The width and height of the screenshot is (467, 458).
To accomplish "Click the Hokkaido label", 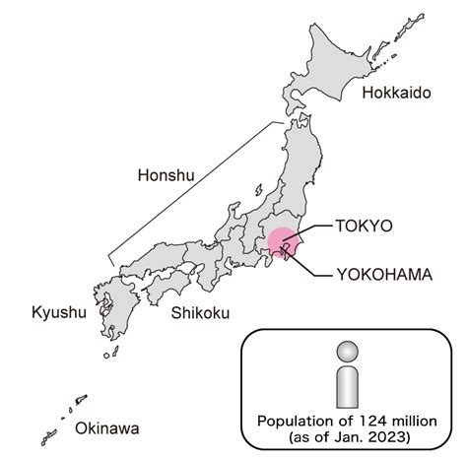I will coord(397,93).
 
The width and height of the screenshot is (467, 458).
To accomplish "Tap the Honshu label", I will coord(164,175).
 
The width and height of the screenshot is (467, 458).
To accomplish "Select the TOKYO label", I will coord(364,226).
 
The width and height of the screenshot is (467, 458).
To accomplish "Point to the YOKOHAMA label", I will coord(383,275).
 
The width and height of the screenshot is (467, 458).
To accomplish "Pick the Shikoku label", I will coord(200,313).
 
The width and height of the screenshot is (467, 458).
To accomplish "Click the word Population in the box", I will coord(290,422).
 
